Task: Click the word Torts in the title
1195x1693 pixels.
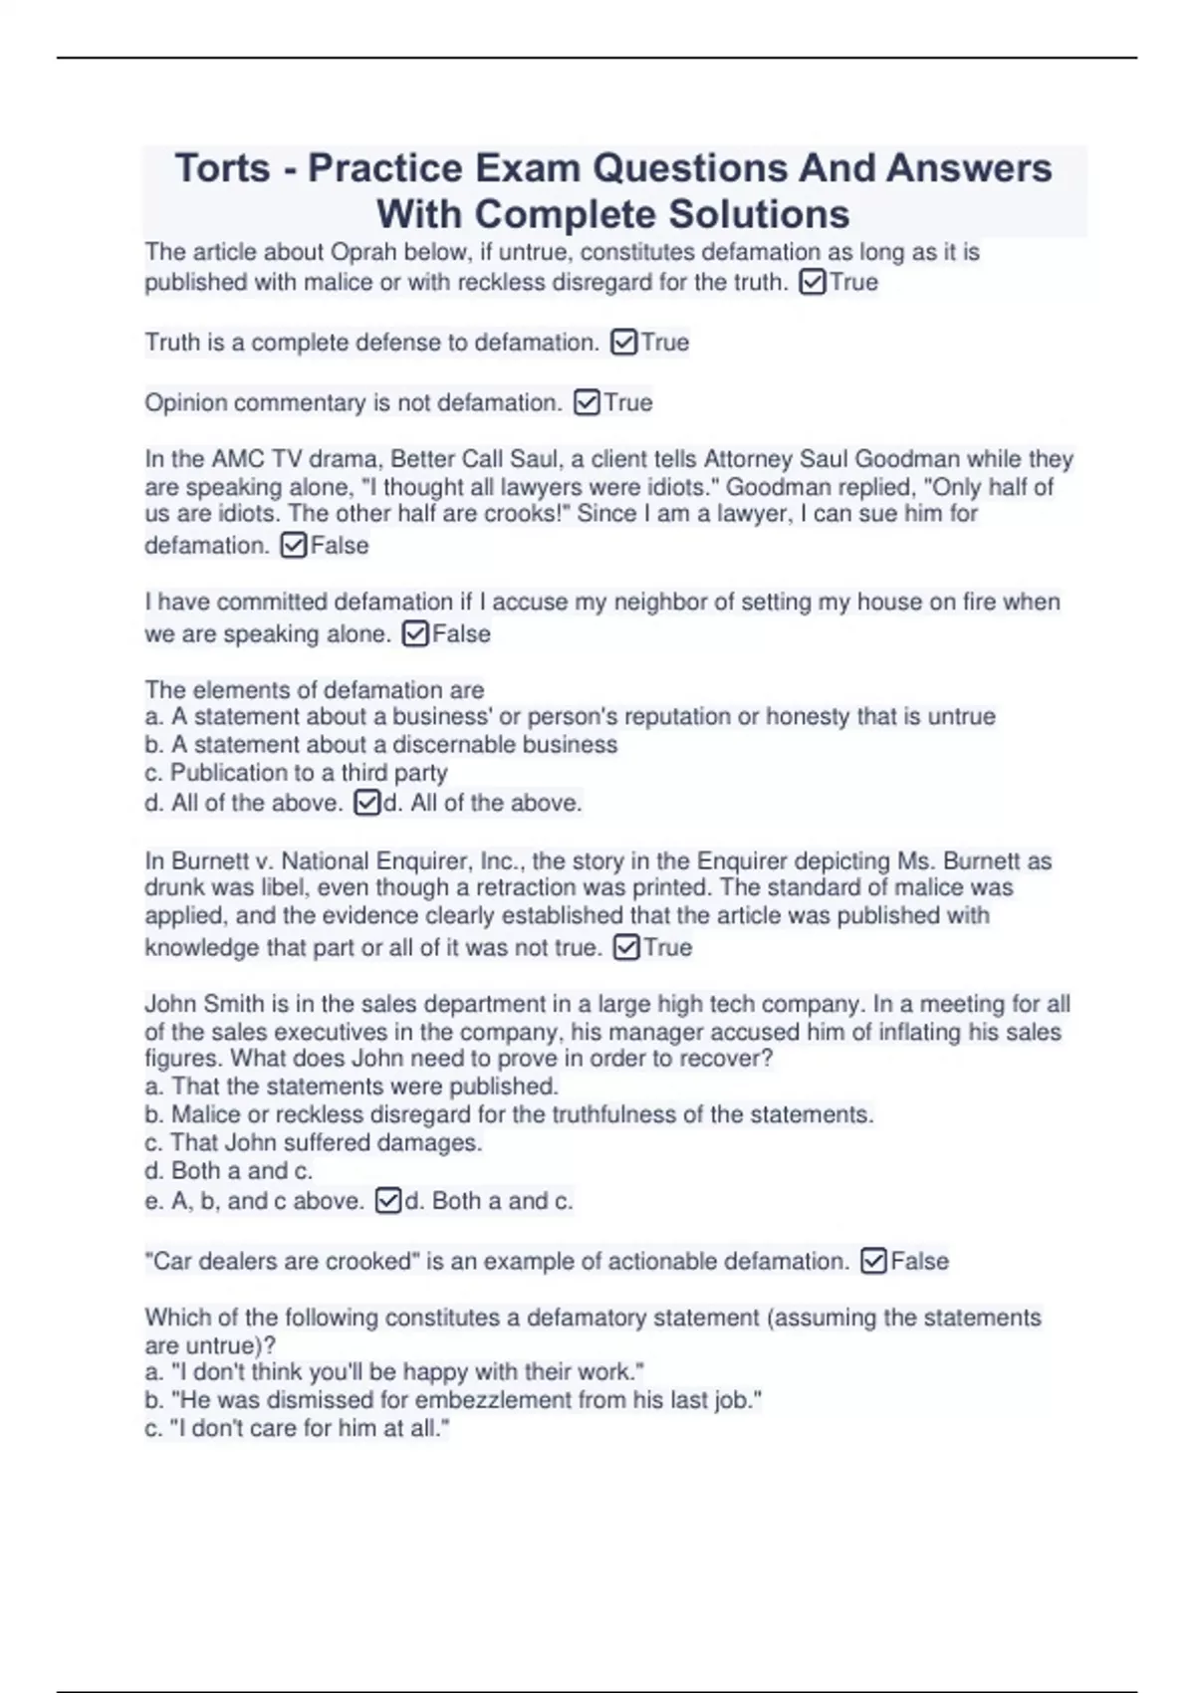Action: pos(222,168)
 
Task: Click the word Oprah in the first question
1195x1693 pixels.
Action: pos(363,253)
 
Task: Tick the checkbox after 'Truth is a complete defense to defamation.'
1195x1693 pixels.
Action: pos(624,343)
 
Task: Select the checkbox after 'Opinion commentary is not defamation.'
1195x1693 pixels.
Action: pos(588,402)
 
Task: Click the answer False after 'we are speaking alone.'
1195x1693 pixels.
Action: pos(461,634)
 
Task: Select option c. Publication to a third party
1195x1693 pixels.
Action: pos(296,773)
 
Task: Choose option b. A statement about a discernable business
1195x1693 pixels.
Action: pos(380,745)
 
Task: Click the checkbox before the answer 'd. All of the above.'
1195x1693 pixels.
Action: pos(367,803)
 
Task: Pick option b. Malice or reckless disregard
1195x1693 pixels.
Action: pos(509,1115)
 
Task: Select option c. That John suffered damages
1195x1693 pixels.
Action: pos(314,1143)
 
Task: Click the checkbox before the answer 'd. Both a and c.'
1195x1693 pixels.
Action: pos(388,1201)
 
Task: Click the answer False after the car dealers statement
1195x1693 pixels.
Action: pos(919,1262)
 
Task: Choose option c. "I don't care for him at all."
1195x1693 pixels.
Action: pos(297,1428)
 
